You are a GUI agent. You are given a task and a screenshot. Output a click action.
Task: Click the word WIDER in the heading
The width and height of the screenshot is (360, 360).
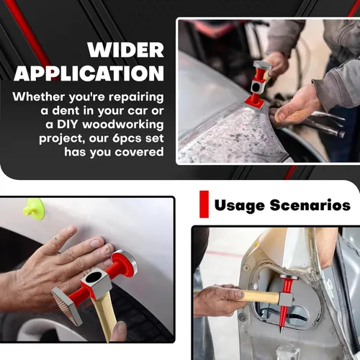[125, 50]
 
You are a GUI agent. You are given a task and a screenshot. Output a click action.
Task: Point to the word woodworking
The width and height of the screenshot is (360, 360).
[123, 125]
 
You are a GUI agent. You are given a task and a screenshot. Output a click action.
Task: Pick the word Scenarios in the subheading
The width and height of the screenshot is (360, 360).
[310, 205]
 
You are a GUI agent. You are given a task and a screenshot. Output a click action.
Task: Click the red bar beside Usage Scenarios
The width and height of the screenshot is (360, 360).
[204, 204]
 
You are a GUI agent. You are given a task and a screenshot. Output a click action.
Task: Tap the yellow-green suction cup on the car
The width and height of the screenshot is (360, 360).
[34, 209]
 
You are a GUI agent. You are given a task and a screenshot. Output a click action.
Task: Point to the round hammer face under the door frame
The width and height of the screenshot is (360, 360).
[289, 277]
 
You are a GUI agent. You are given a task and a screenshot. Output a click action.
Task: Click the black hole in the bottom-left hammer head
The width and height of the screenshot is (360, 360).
[95, 277]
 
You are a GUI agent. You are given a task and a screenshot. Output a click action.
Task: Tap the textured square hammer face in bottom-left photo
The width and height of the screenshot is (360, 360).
[65, 306]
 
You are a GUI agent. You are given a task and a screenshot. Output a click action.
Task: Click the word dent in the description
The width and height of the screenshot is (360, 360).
[66, 111]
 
